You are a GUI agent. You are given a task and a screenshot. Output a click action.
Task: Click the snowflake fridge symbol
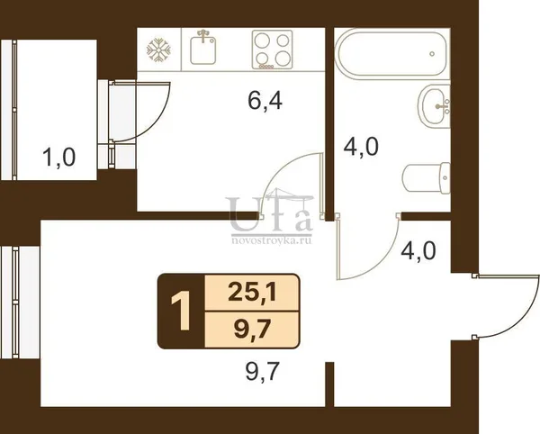158,50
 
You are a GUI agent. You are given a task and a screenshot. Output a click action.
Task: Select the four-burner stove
272,50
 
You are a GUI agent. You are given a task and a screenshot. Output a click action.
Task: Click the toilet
426,178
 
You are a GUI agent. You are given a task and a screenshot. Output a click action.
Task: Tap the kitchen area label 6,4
265,101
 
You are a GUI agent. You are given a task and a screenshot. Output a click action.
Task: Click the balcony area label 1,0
58,158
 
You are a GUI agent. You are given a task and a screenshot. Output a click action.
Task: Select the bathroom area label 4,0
361,147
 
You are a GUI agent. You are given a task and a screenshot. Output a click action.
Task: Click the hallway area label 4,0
418,250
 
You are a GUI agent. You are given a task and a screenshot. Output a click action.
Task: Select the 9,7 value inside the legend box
252,330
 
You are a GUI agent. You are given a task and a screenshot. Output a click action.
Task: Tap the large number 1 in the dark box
181,311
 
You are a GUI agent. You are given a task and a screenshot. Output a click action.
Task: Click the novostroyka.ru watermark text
272,240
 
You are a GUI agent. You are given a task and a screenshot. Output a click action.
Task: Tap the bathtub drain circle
432,54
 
